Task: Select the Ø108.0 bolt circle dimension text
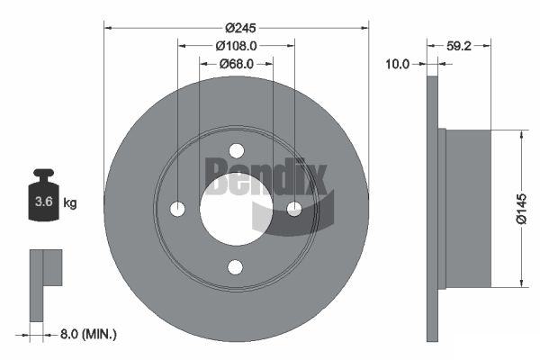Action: tap(237, 45)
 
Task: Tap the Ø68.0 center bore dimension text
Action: tap(237, 63)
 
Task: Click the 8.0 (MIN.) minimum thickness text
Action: tap(86, 334)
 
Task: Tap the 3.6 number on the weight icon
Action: tap(42, 202)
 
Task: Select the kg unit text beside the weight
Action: tap(70, 202)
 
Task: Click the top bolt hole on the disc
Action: tap(237, 150)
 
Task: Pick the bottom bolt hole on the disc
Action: tap(237, 266)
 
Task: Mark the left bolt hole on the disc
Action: tap(178, 209)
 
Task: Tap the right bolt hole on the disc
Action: tap(294, 209)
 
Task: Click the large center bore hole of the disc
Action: tap(236, 209)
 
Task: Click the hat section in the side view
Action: tap(468, 209)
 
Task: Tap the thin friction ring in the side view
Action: tap(432, 209)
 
